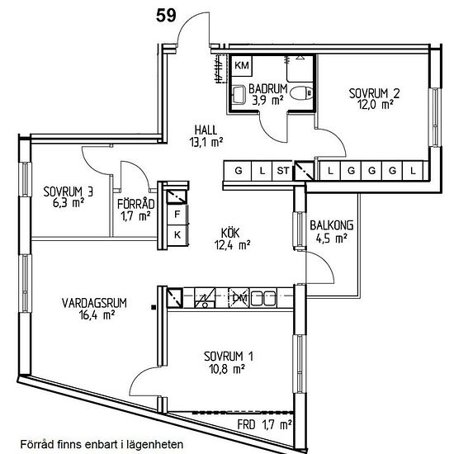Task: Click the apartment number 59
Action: click(166, 16)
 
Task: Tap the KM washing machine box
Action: click(242, 65)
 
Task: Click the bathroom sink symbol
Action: click(239, 94)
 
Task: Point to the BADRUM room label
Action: click(267, 89)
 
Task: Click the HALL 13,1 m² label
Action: click(206, 136)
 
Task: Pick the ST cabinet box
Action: click(282, 171)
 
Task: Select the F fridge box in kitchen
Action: click(177, 215)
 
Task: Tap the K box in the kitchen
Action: click(177, 234)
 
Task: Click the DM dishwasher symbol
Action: click(239, 297)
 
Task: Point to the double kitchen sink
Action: click(262, 298)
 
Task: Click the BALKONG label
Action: click(332, 225)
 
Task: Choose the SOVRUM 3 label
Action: click(69, 192)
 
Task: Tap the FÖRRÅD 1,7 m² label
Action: click(135, 210)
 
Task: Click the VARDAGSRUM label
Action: click(94, 303)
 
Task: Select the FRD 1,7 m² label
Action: click(264, 425)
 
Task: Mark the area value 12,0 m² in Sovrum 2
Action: click(376, 105)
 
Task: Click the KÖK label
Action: click(230, 233)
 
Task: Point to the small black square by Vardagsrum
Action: click(154, 308)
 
